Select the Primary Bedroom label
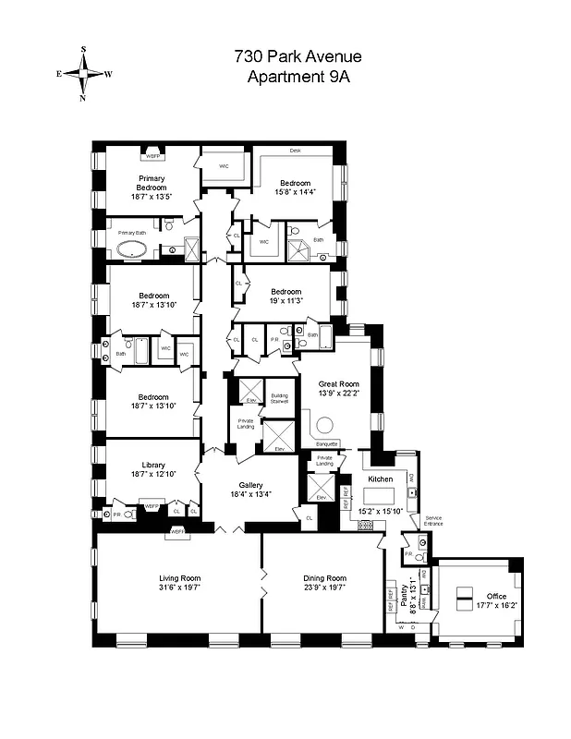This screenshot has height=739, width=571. click(152, 182)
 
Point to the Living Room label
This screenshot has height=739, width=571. click(179, 578)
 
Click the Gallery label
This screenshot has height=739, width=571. click(251, 485)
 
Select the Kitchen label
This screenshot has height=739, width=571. click(382, 480)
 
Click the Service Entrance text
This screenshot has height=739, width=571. click(434, 521)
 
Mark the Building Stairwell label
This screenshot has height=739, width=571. click(279, 399)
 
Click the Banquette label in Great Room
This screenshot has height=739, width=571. click(327, 443)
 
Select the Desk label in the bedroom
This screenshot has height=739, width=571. click(296, 150)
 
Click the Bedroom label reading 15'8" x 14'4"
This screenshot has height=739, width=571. click(296, 188)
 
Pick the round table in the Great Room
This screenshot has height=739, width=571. click(325, 427)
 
